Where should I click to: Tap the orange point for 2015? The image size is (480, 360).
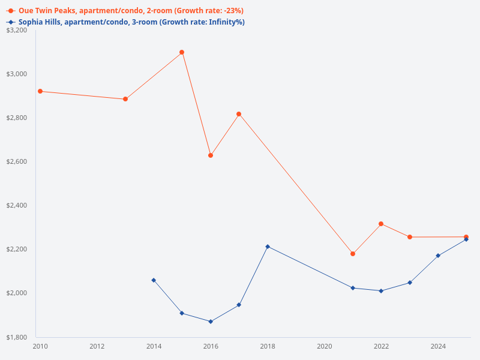click(182, 52)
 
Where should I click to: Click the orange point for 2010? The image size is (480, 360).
click(40, 91)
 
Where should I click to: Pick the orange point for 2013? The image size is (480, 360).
click(125, 99)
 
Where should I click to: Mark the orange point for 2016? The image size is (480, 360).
click(211, 155)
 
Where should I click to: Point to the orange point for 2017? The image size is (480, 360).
click(239, 114)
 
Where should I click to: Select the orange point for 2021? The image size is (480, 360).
click(353, 254)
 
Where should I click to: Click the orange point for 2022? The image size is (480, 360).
click(381, 224)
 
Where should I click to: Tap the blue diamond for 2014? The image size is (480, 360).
click(154, 280)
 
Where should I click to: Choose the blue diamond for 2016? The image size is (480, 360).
click(211, 322)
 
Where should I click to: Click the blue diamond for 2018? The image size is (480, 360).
click(268, 247)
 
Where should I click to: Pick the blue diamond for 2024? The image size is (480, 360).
click(438, 256)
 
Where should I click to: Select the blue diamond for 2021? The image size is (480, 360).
click(353, 288)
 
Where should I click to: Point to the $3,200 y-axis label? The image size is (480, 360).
click(16, 30)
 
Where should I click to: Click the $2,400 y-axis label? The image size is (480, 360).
click(16, 205)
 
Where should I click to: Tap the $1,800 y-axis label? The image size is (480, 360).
click(16, 337)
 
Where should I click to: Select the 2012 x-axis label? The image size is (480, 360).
click(97, 346)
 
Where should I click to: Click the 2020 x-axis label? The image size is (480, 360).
click(325, 346)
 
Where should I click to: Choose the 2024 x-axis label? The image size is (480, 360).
click(438, 346)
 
